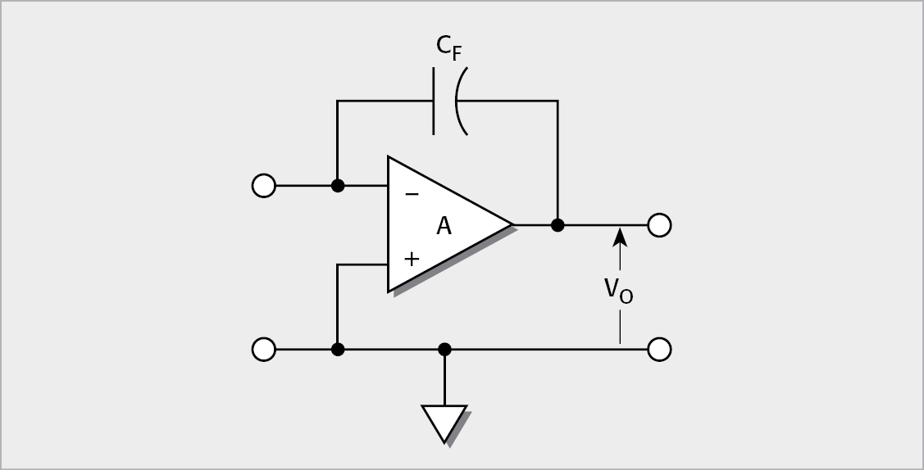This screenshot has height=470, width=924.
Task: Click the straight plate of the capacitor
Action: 434,101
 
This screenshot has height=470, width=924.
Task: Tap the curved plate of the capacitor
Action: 460,101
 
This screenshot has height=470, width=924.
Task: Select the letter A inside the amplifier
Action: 444,226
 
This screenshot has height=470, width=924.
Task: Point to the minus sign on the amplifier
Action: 412,194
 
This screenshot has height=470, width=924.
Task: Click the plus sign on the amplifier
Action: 412,259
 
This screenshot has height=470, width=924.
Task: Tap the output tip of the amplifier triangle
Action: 511,224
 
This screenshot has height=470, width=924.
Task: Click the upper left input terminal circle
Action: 263,186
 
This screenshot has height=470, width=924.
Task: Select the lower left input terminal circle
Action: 263,350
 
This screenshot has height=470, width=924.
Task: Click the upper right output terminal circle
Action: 659,224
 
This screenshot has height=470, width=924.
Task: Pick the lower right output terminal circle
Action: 659,350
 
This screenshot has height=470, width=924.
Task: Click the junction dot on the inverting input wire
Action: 337,186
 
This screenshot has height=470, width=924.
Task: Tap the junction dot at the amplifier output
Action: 558,224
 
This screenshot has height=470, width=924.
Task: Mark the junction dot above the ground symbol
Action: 444,350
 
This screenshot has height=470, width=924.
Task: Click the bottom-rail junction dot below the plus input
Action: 337,350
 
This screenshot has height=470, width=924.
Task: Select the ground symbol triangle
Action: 444,421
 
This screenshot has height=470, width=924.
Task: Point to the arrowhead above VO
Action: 620,237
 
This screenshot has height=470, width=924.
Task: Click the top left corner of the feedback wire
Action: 337,101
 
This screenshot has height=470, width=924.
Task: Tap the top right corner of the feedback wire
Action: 558,101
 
